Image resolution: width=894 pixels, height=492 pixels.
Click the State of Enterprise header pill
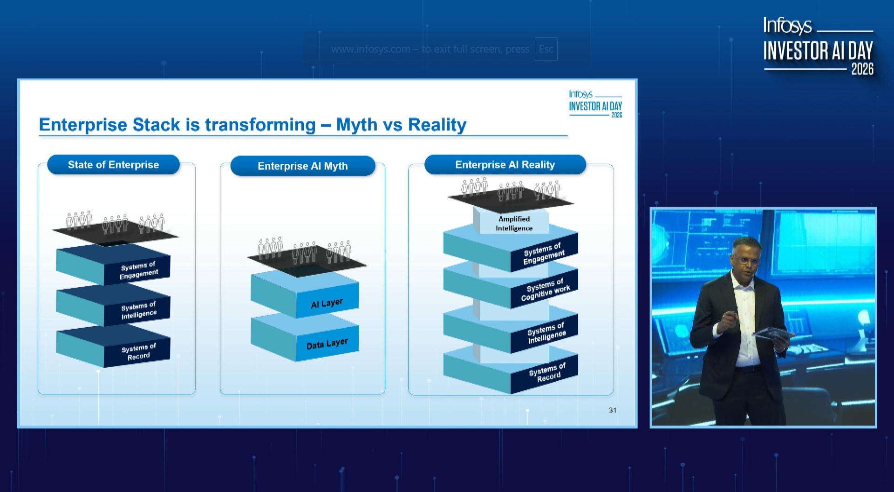(113, 165)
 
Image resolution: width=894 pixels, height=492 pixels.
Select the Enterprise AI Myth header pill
(303, 166)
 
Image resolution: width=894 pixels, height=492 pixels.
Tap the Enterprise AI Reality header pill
(505, 165)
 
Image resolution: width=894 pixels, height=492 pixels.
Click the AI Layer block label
(327, 303)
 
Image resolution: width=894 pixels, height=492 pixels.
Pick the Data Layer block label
(327, 344)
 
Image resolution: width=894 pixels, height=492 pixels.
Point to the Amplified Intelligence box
(514, 223)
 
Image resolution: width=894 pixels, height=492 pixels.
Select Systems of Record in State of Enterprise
(138, 352)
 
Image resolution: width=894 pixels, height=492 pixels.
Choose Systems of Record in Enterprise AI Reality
(547, 372)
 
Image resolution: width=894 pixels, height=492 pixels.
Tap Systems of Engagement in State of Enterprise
(138, 270)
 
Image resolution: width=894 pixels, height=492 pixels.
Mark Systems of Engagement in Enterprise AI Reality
(544, 254)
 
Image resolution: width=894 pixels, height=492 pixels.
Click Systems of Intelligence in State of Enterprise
(138, 310)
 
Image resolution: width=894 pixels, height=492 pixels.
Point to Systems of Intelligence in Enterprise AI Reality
(546, 332)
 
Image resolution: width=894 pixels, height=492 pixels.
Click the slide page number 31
(613, 410)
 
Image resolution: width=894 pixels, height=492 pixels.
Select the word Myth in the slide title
(357, 125)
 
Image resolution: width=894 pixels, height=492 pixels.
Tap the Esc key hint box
(546, 49)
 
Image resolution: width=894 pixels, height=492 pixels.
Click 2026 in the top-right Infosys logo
(862, 69)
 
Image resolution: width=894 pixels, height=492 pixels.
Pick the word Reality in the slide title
(437, 125)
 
